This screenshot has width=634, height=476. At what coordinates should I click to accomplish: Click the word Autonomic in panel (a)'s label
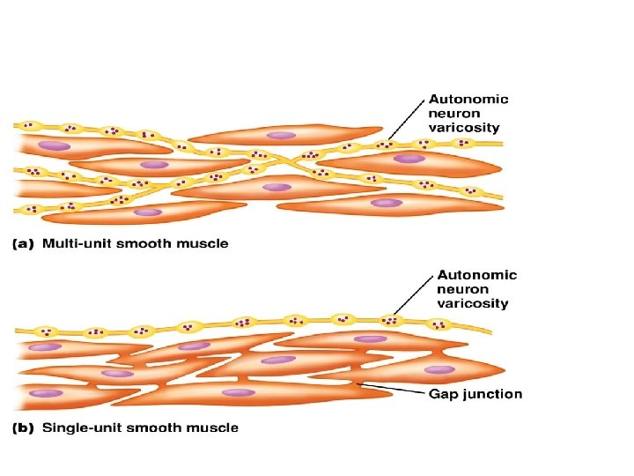point(468,100)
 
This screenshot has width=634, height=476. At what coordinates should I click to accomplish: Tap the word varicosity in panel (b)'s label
point(473,303)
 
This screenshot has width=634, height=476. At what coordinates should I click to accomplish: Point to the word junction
point(490,394)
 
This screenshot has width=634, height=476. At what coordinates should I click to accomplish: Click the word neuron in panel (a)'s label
point(453,114)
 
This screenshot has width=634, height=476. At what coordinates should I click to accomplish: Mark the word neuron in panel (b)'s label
point(463,289)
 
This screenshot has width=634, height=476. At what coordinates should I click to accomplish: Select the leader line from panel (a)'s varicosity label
point(405,119)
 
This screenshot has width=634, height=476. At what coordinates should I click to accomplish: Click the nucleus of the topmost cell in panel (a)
point(282,136)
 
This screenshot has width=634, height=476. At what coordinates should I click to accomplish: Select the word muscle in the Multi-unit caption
point(203,243)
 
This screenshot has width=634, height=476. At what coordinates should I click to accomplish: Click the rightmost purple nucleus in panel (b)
point(439,369)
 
